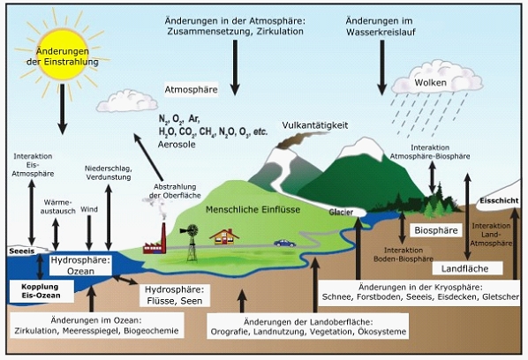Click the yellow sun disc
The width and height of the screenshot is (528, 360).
tap(63, 55)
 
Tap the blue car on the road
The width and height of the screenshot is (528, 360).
tap(284, 244)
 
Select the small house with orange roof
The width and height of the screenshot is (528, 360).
tap(224, 236)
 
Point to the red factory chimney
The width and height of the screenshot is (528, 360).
tap(163, 238)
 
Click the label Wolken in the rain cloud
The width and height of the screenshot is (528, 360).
tap(430, 83)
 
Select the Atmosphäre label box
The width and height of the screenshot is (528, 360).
tap(191, 89)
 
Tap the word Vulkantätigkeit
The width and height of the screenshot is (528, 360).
tap(315, 125)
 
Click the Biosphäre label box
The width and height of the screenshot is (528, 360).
tap(436, 230)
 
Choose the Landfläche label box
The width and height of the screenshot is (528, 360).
tap(467, 268)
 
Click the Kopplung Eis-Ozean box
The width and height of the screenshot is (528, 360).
tap(41, 291)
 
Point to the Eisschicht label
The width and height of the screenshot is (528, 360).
tap(499, 201)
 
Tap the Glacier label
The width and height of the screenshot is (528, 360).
tap(341, 213)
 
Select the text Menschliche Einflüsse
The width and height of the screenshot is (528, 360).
tap(253, 210)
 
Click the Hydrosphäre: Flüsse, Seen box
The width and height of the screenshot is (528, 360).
tap(175, 296)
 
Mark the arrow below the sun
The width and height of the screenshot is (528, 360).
tap(63, 109)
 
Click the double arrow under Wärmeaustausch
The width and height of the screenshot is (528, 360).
tap(56, 235)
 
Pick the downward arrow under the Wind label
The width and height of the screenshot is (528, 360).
tap(89, 233)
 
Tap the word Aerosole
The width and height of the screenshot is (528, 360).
tap(177, 145)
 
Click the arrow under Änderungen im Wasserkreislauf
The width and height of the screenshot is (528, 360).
tap(381, 68)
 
